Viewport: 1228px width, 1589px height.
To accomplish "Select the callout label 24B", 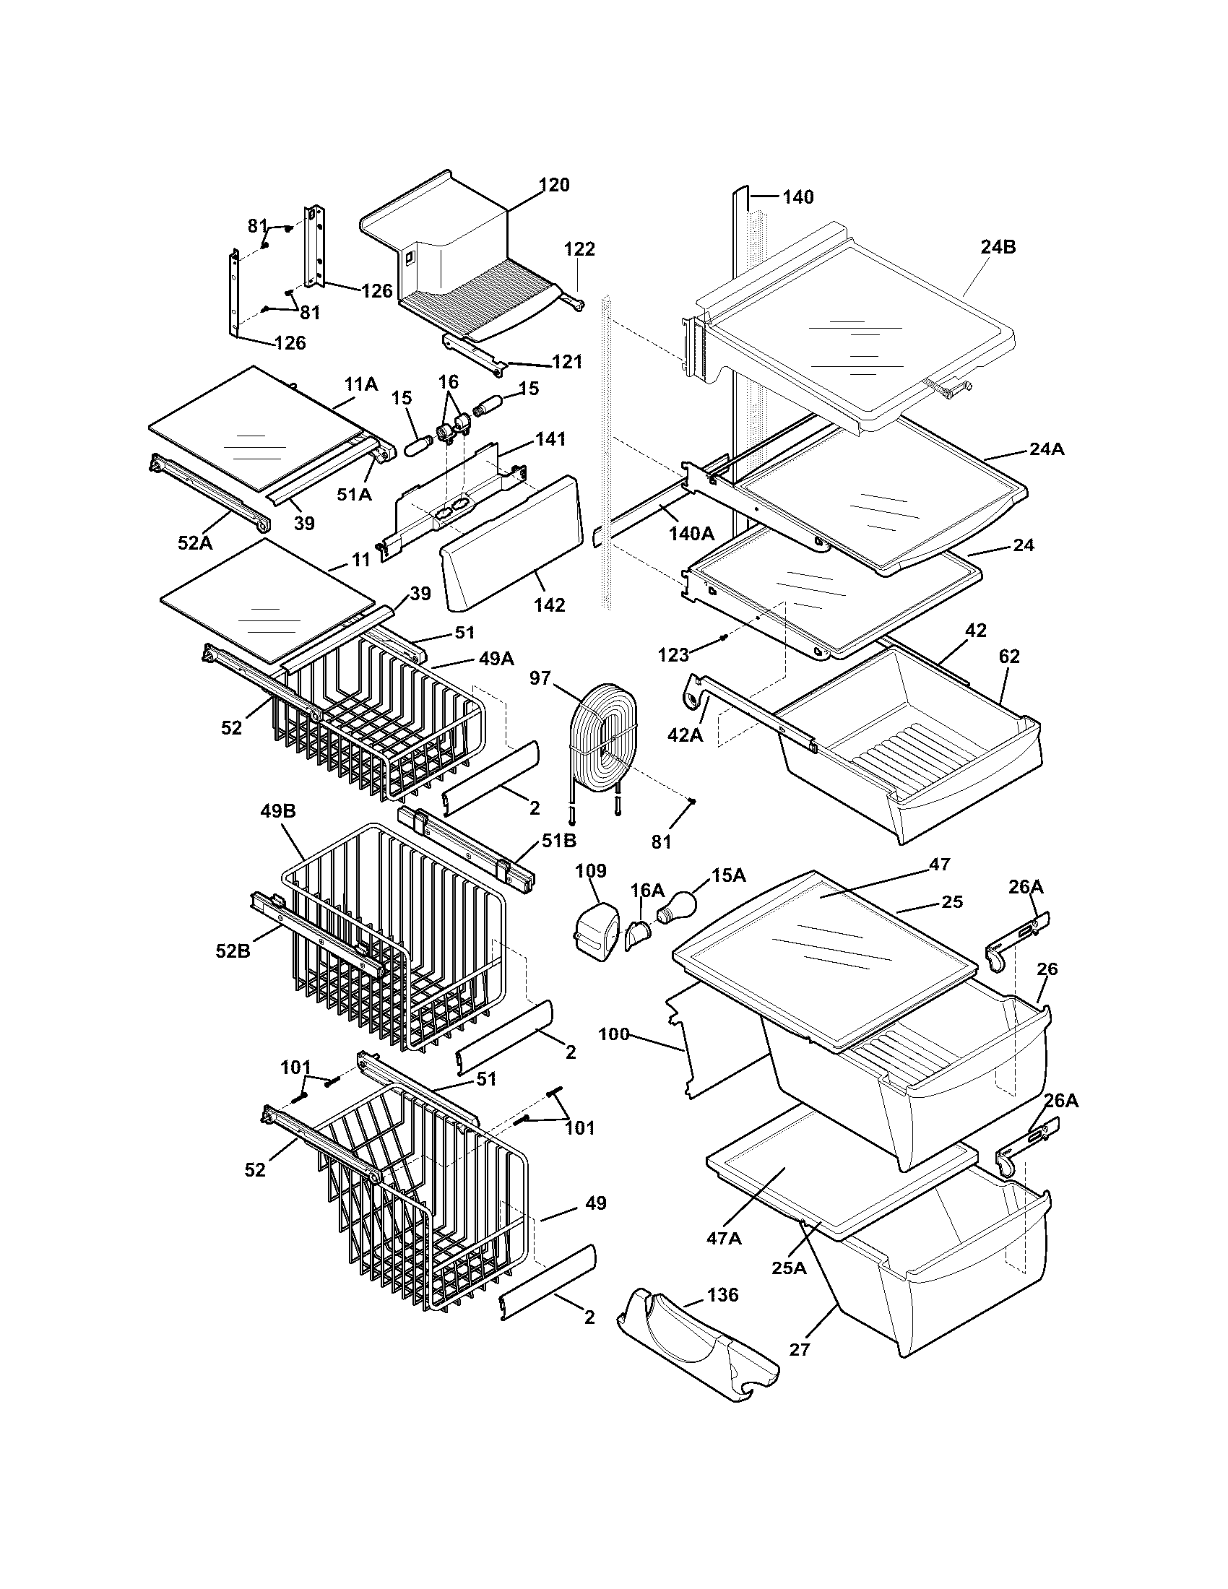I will tap(998, 246).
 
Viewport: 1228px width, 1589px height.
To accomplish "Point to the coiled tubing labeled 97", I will tap(602, 736).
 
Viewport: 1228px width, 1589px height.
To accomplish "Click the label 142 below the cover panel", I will tap(549, 605).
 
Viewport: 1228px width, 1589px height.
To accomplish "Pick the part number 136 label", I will tap(722, 1294).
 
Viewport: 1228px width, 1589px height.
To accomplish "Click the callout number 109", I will tap(591, 871).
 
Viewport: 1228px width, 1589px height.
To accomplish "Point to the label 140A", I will tap(691, 533).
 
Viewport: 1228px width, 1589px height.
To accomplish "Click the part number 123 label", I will tap(673, 655).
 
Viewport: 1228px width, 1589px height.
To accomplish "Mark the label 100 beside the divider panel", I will tap(614, 1034).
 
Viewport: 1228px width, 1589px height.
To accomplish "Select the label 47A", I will tap(723, 1237).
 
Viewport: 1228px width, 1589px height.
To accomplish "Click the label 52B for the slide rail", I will tap(233, 951).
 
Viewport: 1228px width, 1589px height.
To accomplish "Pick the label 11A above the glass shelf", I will tap(361, 384).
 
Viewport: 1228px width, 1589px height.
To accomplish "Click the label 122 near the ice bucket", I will tap(579, 249).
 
